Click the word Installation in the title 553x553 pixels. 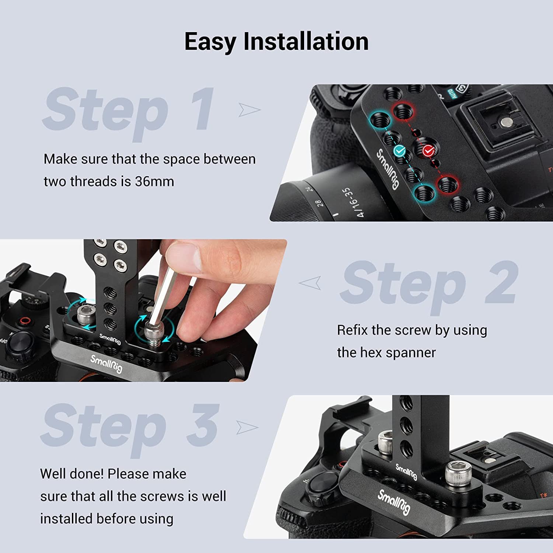pyautogui.click(x=306, y=41)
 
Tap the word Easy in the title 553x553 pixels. pyautogui.click(x=210, y=42)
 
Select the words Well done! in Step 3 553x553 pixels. pyautogui.click(x=72, y=474)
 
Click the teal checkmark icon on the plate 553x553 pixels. pyautogui.click(x=400, y=150)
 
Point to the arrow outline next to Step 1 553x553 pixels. pyautogui.click(x=249, y=109)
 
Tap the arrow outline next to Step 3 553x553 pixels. pyautogui.click(x=247, y=427)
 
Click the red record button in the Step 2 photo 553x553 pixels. pyautogui.click(x=25, y=320)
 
